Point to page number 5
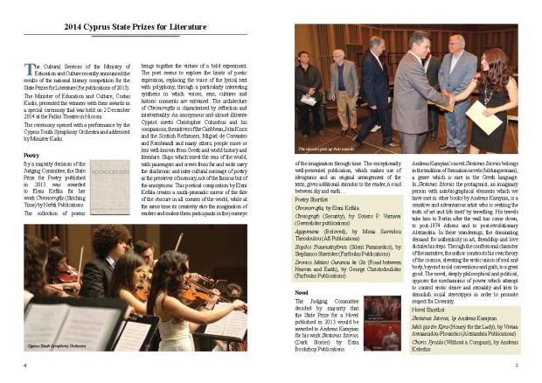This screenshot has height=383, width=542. click(518, 366)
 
